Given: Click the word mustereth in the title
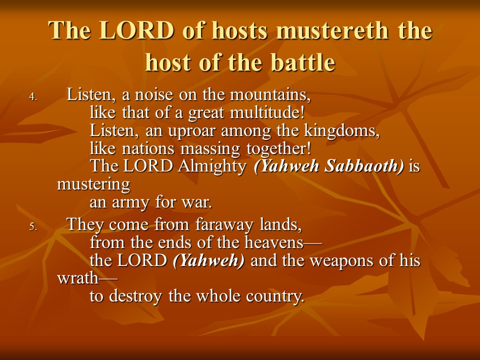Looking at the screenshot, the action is [x=332, y=30].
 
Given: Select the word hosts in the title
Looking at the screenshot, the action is [x=239, y=30].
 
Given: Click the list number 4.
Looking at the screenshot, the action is [x=33, y=96].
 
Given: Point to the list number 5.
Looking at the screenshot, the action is [x=33, y=227].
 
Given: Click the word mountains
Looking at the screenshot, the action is [x=270, y=94].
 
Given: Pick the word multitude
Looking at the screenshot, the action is [x=267, y=112].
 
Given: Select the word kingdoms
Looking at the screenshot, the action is [x=341, y=130].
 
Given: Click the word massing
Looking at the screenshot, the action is [x=210, y=149].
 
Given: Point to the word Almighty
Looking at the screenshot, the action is [x=212, y=166].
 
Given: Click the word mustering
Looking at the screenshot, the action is [x=93, y=185].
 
